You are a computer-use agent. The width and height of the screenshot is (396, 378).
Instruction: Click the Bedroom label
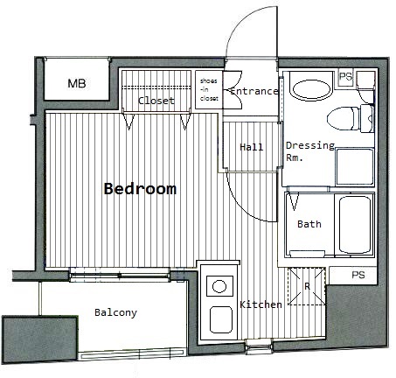(140, 189)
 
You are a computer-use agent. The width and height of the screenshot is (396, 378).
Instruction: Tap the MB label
(77, 83)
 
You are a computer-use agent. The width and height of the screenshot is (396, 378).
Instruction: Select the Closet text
(156, 101)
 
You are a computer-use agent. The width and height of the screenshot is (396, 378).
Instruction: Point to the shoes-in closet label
(209, 89)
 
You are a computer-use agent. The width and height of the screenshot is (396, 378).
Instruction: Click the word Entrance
(254, 91)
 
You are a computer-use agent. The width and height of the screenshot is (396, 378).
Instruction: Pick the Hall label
(252, 147)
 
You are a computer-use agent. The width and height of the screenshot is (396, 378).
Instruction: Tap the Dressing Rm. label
(310, 151)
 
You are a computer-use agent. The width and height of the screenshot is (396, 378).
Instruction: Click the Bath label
(309, 224)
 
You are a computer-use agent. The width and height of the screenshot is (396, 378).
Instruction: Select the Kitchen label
(261, 304)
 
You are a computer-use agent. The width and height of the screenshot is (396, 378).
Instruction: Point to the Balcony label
(115, 312)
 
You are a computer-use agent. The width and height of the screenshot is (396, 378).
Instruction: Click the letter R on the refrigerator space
(307, 286)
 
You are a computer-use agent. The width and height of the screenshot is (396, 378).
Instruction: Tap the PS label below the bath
(358, 275)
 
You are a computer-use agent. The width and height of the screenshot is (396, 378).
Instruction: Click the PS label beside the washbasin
(345, 76)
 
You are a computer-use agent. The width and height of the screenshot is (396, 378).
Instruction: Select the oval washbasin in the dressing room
(311, 88)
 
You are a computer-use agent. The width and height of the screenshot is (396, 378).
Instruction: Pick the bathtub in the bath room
(355, 225)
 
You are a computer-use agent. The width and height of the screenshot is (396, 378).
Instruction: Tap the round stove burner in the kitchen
(219, 286)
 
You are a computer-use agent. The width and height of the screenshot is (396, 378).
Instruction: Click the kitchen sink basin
(221, 319)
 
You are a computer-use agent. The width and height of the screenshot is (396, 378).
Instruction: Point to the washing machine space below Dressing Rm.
(355, 167)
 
